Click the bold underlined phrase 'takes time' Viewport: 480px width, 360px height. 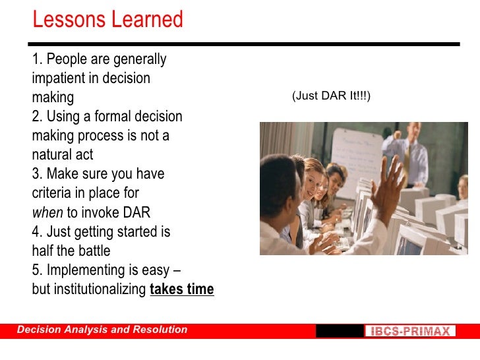(x=182, y=289)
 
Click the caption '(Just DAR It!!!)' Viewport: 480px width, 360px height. (x=331, y=96)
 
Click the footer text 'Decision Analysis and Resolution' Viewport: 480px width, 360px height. (x=102, y=330)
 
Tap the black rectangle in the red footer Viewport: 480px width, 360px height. (x=340, y=330)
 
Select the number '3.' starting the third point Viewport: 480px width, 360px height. (x=37, y=174)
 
